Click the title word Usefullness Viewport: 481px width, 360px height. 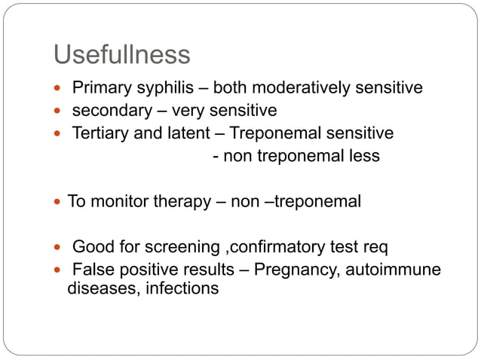(121, 55)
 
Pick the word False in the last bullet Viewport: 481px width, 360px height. (91, 270)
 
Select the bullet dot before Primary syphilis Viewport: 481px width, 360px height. (61, 89)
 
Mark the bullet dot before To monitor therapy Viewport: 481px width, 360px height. (61, 203)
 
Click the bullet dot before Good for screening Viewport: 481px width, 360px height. (61, 248)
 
